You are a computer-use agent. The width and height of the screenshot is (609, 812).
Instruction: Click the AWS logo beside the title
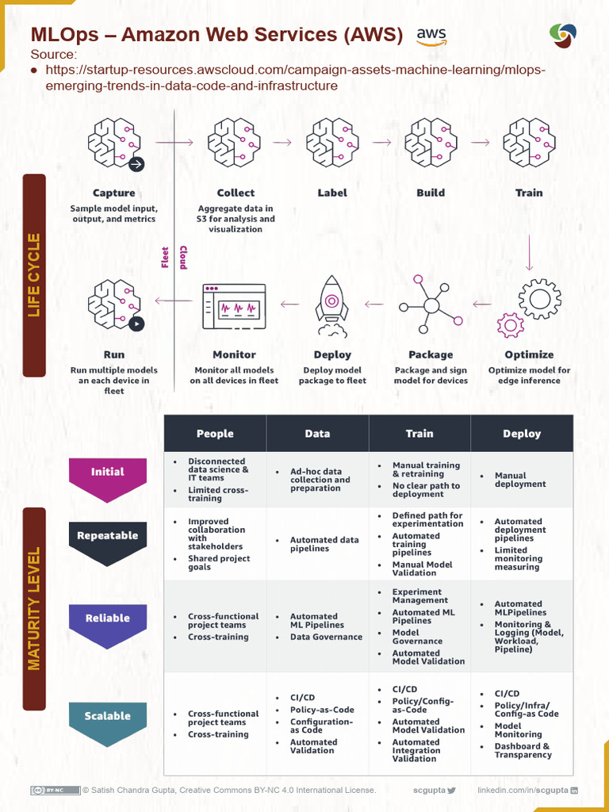point(431,36)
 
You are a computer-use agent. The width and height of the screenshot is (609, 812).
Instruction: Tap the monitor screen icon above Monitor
point(234,306)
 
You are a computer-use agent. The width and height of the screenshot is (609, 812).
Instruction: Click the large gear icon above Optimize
point(540,299)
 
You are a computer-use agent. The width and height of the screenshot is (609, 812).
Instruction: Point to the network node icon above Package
point(431,305)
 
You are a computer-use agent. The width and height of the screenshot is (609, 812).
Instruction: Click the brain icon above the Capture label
point(115,144)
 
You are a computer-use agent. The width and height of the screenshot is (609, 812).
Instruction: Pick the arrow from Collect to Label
point(282,143)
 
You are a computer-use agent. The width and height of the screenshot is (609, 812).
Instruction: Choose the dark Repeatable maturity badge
point(108,541)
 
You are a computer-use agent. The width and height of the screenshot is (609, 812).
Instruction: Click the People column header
point(215,434)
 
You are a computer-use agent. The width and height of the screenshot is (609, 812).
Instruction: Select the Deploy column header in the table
point(522,434)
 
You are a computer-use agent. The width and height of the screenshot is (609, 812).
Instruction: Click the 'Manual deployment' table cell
point(520,480)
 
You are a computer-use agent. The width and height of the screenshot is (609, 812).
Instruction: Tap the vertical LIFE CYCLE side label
point(34,275)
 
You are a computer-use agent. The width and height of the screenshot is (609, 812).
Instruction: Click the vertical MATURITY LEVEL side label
point(34,608)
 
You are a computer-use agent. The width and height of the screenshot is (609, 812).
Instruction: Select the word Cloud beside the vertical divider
point(183,256)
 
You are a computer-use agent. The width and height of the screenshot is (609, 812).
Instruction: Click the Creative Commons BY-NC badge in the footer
point(56,791)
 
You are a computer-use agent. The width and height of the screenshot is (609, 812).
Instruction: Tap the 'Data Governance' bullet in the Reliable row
point(326,637)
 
